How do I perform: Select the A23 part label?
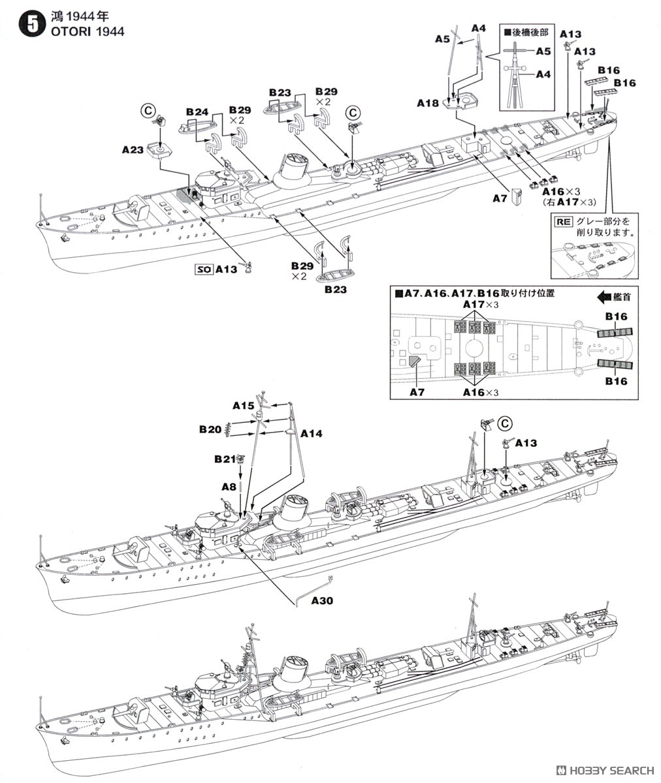(x=133, y=149)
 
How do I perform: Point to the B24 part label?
(x=197, y=112)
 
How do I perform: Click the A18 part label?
(x=428, y=102)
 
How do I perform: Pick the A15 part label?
(x=243, y=405)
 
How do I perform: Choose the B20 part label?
(x=210, y=429)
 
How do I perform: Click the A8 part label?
(x=229, y=486)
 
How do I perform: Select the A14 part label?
(x=312, y=433)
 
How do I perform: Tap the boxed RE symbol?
(x=563, y=221)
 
